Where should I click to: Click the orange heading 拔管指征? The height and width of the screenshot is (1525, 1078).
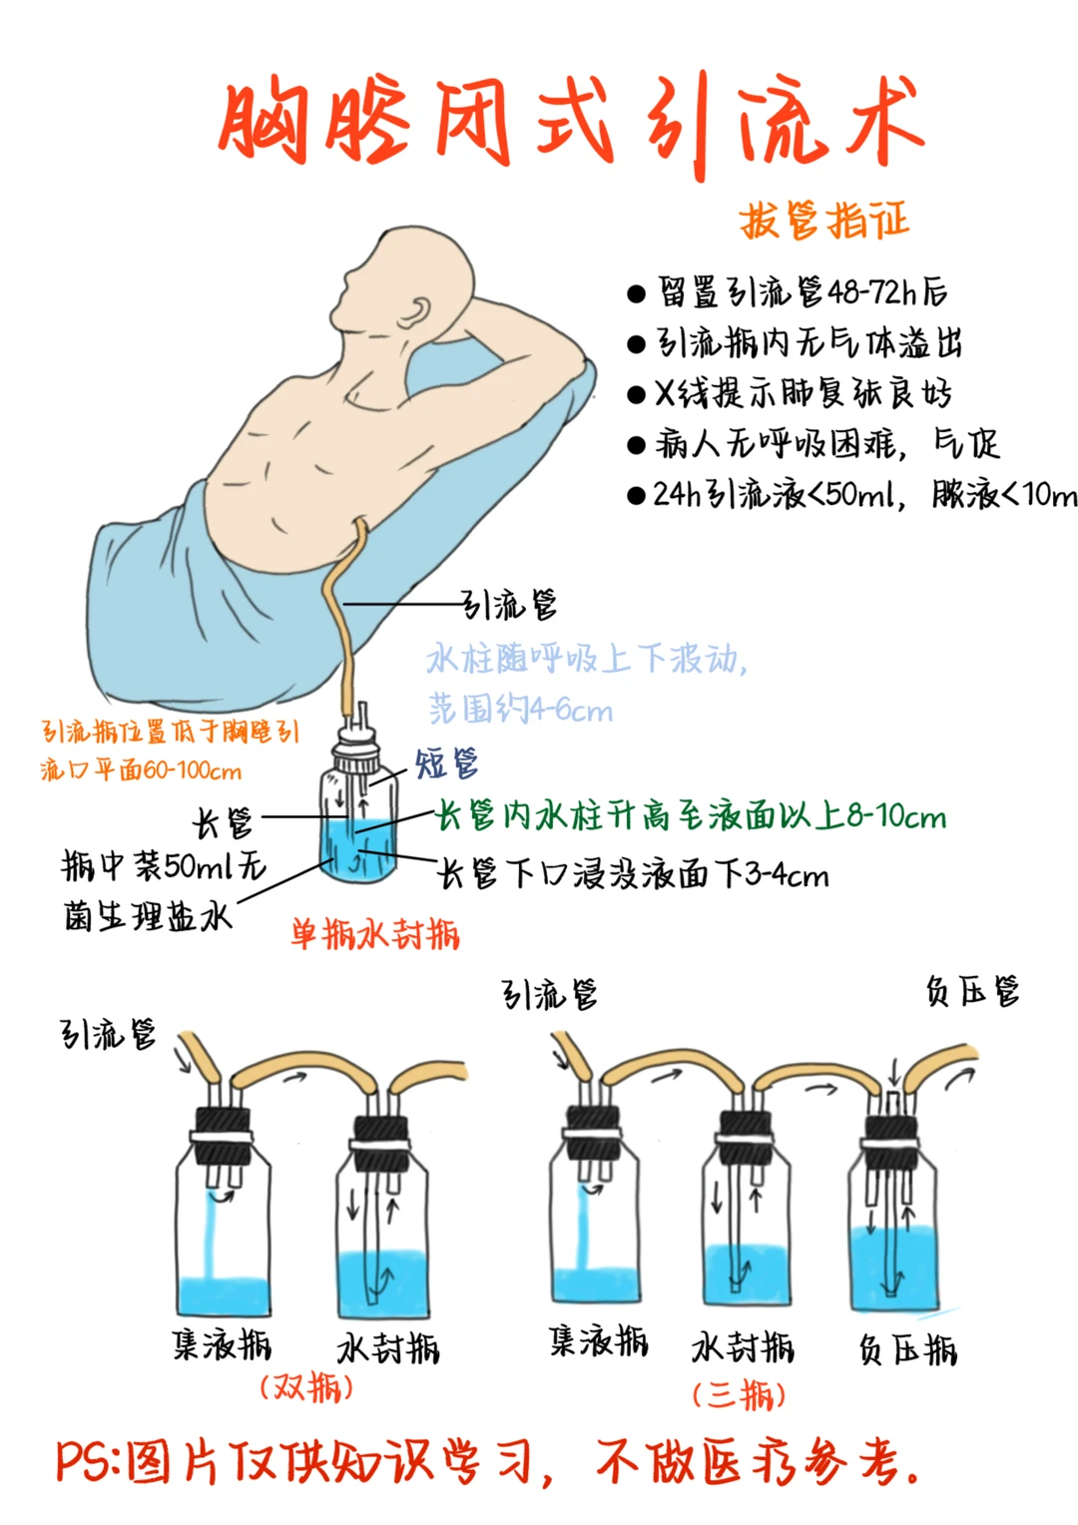[824, 221]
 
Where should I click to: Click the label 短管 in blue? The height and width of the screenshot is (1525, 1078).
[446, 763]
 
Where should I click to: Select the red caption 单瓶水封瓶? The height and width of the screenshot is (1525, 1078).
[375, 934]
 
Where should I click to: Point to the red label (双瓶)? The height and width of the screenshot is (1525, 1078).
[306, 1387]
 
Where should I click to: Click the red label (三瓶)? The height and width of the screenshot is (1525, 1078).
[740, 1394]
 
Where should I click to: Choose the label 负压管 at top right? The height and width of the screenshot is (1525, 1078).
[972, 992]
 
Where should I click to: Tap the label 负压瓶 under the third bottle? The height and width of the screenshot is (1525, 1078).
[907, 1349]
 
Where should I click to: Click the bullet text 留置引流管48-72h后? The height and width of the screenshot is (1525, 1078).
[802, 292]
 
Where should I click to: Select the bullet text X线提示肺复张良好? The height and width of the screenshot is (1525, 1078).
[803, 393]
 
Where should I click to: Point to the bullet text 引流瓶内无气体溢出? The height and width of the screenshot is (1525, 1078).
[808, 343]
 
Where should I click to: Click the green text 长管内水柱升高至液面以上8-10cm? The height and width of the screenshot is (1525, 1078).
[692, 816]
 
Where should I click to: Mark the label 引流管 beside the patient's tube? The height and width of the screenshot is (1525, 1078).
[509, 605]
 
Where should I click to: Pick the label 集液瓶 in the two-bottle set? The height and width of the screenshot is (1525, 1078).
[222, 1344]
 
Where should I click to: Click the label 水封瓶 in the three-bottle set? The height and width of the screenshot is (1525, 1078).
[743, 1347]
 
